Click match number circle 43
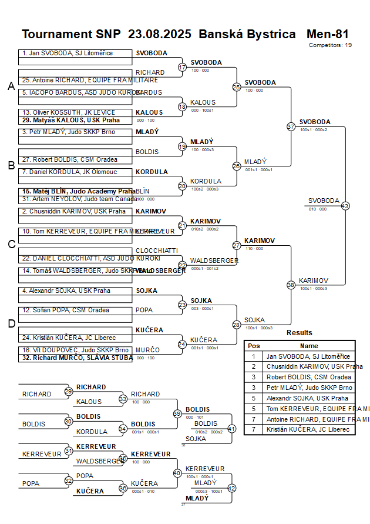(345, 206)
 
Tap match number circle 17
(182, 67)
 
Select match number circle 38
(291, 285)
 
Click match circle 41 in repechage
(231, 429)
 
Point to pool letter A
(11, 86)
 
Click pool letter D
(11, 323)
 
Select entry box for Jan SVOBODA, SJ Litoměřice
(75, 53)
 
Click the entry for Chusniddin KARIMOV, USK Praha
(75, 211)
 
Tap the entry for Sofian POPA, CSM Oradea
(75, 310)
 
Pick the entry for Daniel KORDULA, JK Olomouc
(75, 172)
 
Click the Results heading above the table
(300, 333)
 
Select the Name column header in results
(309, 346)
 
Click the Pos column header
(254, 346)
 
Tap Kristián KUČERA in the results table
(308, 430)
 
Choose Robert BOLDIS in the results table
(308, 377)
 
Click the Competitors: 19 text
(330, 45)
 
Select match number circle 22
(182, 265)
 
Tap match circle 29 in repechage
(68, 391)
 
